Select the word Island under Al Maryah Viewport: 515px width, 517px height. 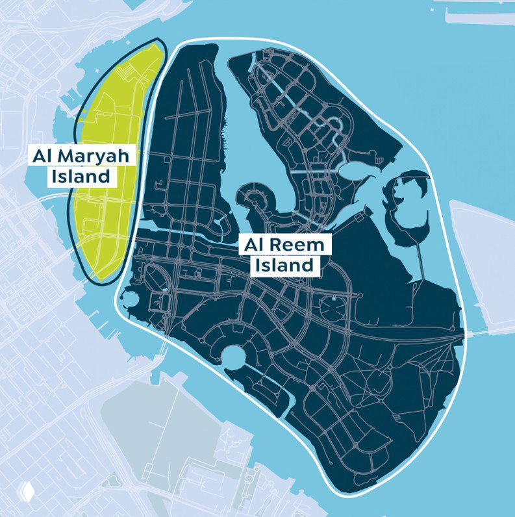[81, 176]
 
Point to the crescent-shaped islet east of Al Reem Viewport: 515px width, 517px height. [406, 208]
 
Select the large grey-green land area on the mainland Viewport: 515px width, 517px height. [162, 429]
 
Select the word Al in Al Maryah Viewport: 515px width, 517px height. [47, 156]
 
